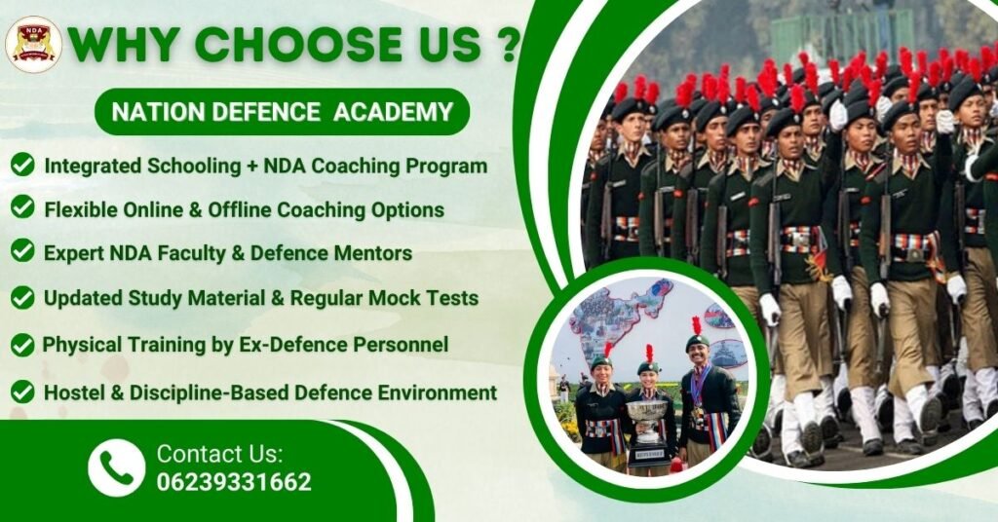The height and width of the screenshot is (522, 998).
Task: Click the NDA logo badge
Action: pos(33,45)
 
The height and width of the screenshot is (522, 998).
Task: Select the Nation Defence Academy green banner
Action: pos(282,112)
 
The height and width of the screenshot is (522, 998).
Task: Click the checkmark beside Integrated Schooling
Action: pos(22,166)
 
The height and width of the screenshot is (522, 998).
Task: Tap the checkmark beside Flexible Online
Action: pos(22,207)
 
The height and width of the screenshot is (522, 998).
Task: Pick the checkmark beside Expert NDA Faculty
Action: pos(22,251)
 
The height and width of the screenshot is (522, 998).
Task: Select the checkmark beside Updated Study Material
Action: pos(22,297)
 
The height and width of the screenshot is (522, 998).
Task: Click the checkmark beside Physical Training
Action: pos(22,345)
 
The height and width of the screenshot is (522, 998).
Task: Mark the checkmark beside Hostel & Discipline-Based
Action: pos(22,392)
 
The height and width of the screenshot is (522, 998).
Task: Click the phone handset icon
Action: pos(117,467)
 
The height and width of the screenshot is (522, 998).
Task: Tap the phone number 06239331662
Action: pos(234,482)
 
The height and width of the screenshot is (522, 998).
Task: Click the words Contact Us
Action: pos(219,454)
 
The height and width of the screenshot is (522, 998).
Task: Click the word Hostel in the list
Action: pos(71,393)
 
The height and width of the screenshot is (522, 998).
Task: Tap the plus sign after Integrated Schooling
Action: pos(252,166)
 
